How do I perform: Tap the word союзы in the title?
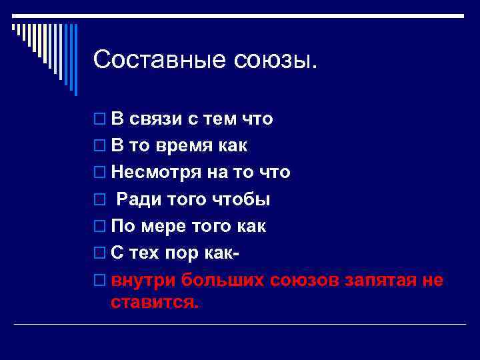tap(276, 60)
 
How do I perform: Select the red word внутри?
tap(143, 280)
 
